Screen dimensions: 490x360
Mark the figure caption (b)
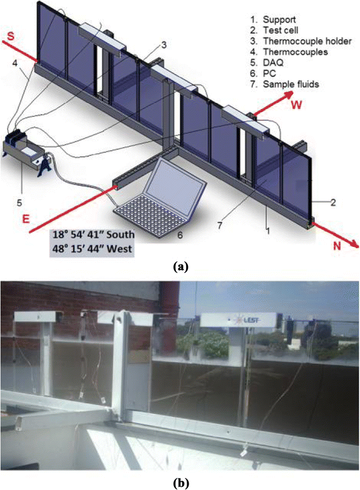pos(180,481)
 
